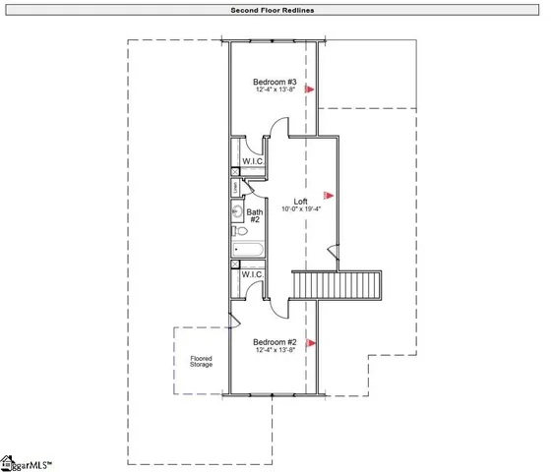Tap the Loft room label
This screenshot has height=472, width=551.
[x=287, y=200]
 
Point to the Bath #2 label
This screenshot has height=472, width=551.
[x=254, y=215]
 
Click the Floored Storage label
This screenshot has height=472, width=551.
[x=201, y=362]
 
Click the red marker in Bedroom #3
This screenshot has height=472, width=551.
[x=309, y=89]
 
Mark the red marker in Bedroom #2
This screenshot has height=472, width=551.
[x=310, y=343]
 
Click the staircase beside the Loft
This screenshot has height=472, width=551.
[x=336, y=286]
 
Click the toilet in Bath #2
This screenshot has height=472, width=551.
[x=238, y=232]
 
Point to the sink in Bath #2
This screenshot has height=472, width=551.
[x=237, y=210]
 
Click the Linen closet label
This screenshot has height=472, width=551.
[x=236, y=187]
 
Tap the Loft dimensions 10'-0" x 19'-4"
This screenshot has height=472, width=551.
[x=287, y=208]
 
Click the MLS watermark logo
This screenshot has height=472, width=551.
[x=27, y=462]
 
